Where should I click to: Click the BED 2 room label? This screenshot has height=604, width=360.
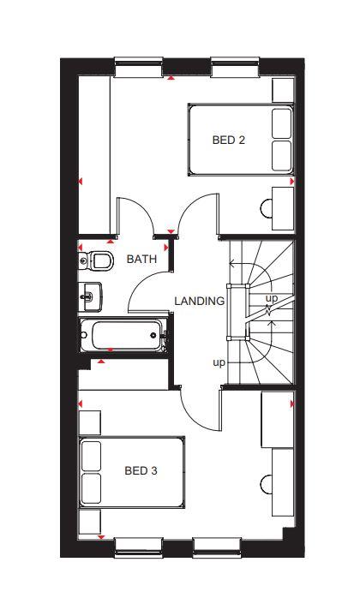[229, 140]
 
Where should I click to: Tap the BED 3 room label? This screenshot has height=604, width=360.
[141, 470]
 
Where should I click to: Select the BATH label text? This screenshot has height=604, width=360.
[141, 259]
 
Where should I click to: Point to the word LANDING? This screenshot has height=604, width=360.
[199, 301]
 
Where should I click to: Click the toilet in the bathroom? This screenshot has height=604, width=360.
[96, 260]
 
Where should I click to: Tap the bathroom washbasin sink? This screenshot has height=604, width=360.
[91, 296]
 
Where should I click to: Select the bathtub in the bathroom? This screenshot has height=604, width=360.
[123, 335]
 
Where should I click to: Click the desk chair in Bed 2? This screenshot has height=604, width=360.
[266, 208]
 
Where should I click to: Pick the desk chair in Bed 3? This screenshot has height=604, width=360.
[266, 483]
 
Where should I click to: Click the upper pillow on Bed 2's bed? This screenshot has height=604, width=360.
[282, 123]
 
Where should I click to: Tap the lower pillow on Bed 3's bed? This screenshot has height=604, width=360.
[92, 488]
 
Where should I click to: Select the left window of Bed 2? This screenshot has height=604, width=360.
[139, 67]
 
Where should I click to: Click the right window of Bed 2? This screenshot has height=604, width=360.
[235, 67]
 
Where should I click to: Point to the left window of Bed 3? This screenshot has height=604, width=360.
[139, 547]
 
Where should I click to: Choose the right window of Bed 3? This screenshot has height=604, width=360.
[217, 547]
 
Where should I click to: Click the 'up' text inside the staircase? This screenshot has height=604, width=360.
[272, 298]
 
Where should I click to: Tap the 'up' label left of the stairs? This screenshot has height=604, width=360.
[219, 362]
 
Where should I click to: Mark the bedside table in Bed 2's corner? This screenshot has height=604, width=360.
[283, 91]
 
